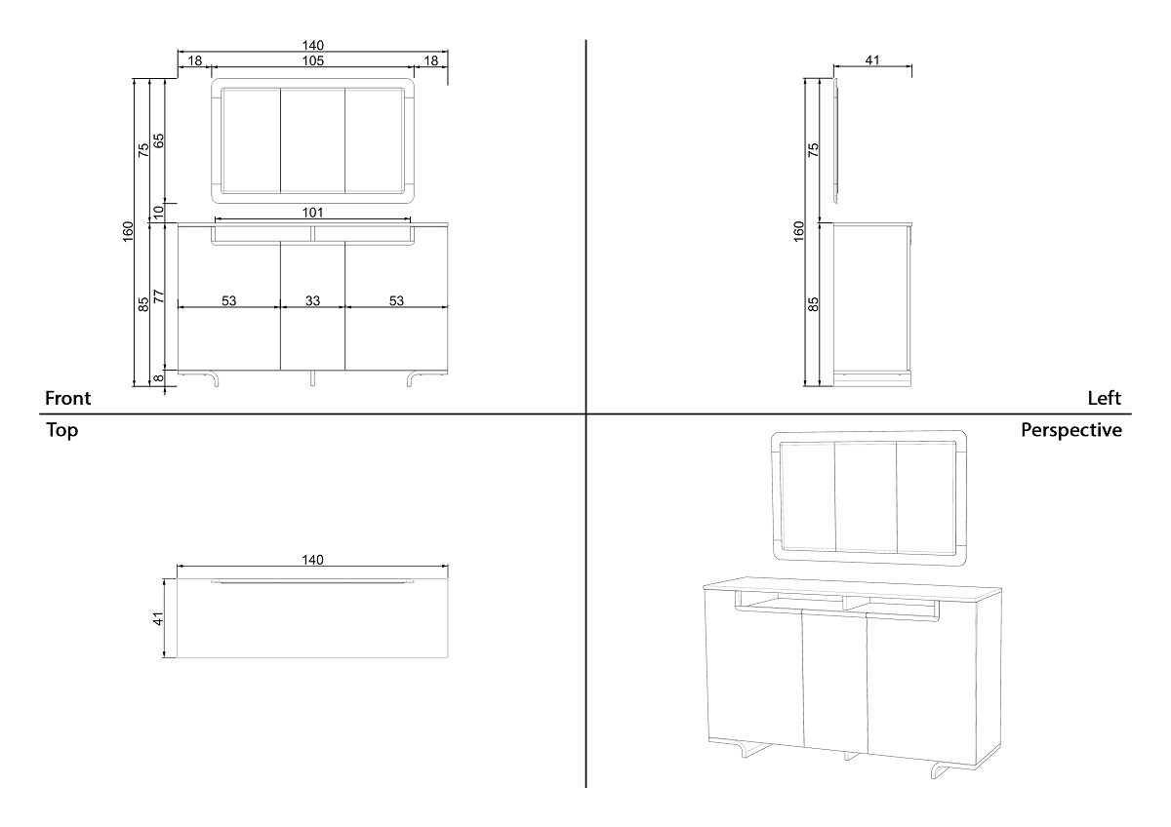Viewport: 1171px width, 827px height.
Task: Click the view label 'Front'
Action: (x=68, y=398)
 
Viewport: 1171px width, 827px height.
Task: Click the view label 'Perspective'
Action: (x=1070, y=430)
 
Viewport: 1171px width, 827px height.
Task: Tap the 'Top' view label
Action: (x=61, y=430)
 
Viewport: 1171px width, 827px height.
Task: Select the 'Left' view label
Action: (x=1104, y=398)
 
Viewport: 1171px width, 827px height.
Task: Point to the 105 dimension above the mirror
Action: (x=312, y=60)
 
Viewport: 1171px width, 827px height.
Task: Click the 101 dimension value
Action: (x=312, y=213)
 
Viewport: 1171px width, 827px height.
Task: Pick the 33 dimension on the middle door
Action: (x=312, y=301)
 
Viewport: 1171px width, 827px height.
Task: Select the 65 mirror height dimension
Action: (x=159, y=140)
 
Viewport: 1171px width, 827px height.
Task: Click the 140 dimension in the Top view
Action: (x=312, y=560)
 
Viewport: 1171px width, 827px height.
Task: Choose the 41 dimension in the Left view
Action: (x=872, y=60)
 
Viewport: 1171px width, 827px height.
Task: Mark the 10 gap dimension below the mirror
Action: (x=159, y=212)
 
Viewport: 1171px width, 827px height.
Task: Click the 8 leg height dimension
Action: (x=159, y=379)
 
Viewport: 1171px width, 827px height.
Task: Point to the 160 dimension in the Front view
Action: (x=128, y=232)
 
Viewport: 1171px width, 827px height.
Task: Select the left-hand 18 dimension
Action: (x=195, y=60)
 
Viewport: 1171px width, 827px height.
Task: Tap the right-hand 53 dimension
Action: (x=396, y=301)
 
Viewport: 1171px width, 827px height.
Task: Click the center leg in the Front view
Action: (x=312, y=378)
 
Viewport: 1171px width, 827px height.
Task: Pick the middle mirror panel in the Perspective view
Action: (x=866, y=496)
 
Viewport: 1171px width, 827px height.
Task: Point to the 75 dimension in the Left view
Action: (x=814, y=149)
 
